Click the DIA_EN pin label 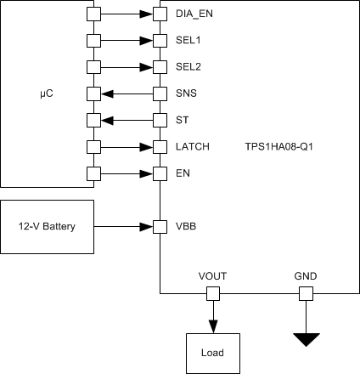pyautogui.click(x=194, y=14)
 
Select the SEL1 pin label pyautogui.click(x=188, y=41)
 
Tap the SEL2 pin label pyautogui.click(x=188, y=67)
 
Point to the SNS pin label pyautogui.click(x=187, y=93)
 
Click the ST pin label pyautogui.click(x=182, y=121)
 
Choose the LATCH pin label pyautogui.click(x=192, y=147)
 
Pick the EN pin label pyautogui.click(x=183, y=173)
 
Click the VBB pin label pyautogui.click(x=186, y=227)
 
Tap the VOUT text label pyautogui.click(x=212, y=276)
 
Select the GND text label pyautogui.click(x=306, y=276)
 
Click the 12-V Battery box pyautogui.click(x=47, y=227)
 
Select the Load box pyautogui.click(x=212, y=352)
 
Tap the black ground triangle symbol pyautogui.click(x=306, y=339)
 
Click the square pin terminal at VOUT pyautogui.click(x=212, y=293)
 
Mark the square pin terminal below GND pyautogui.click(x=306, y=293)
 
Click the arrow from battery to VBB pyautogui.click(x=123, y=227)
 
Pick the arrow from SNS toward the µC pyautogui.click(x=127, y=93)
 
